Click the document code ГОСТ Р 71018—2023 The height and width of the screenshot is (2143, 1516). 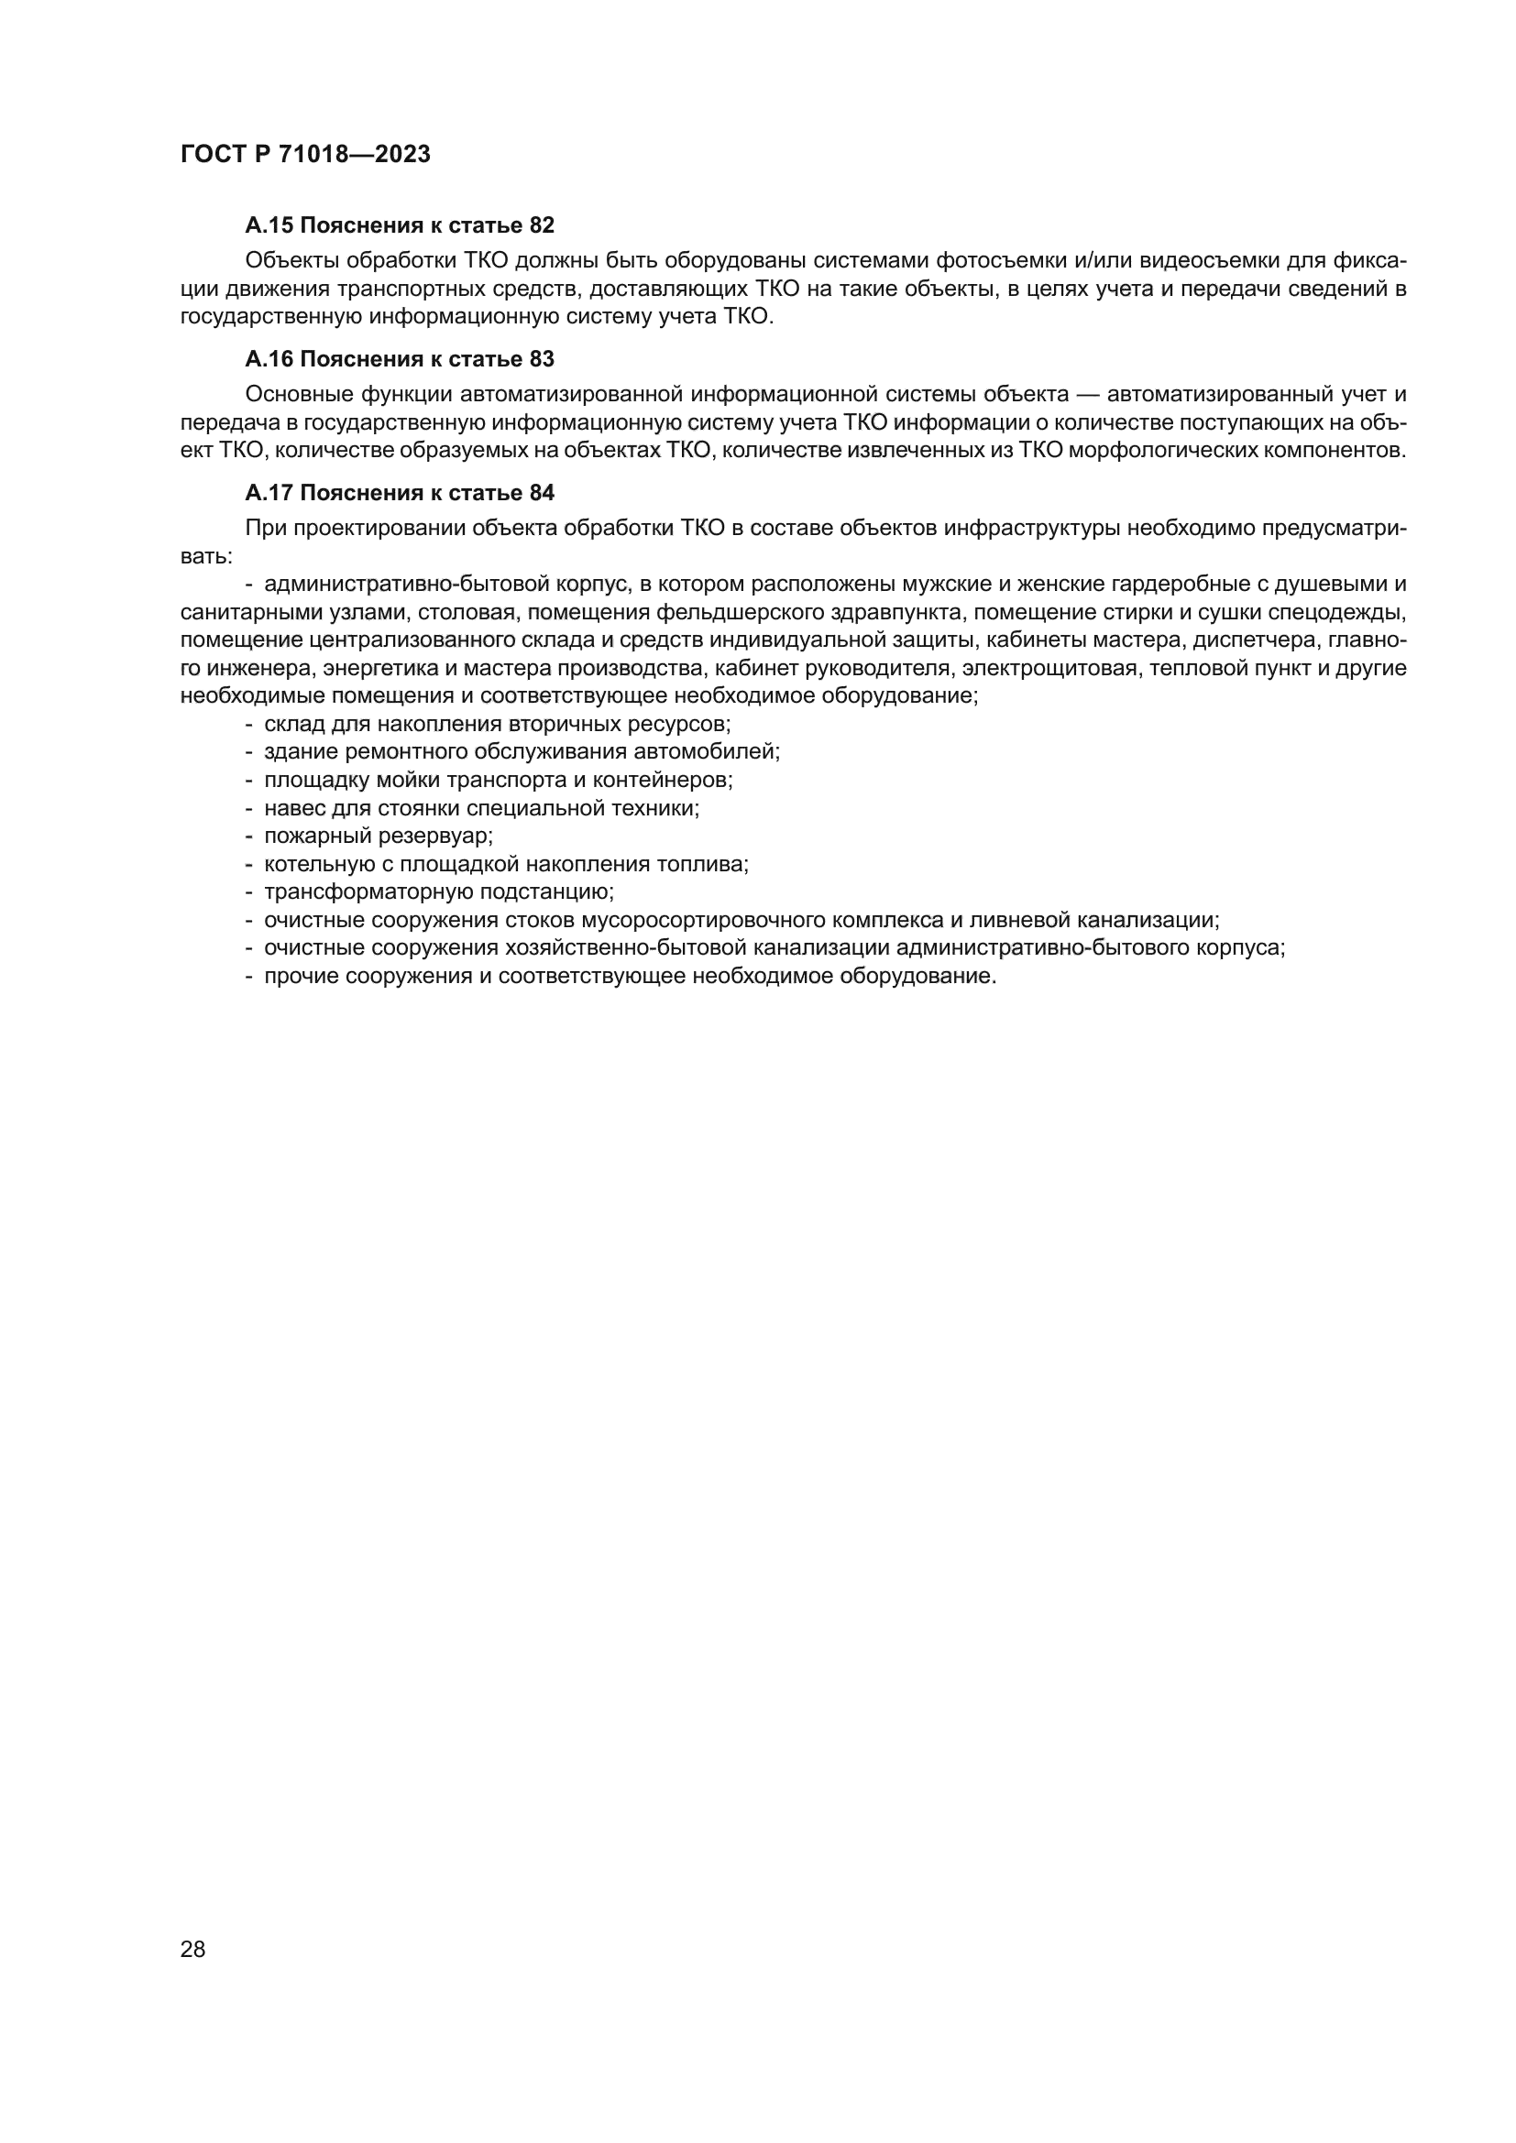click(x=305, y=155)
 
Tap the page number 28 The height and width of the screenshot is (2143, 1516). click(x=192, y=1949)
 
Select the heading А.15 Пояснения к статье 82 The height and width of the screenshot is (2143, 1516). click(x=400, y=225)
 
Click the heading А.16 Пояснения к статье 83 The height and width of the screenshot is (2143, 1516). click(x=400, y=359)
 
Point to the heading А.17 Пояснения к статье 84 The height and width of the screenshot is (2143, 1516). click(x=400, y=493)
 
